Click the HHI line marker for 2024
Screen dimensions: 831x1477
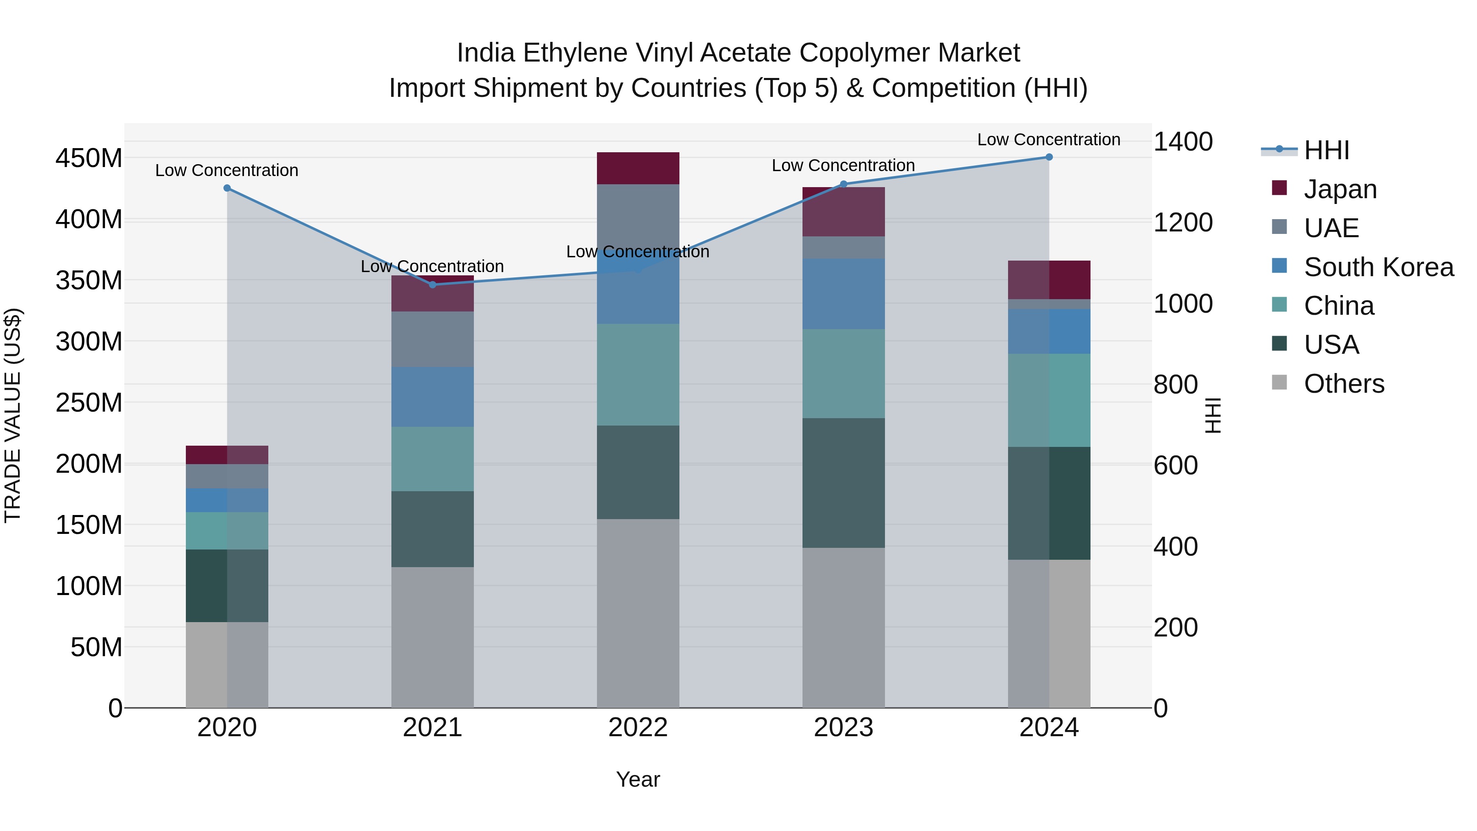(1049, 157)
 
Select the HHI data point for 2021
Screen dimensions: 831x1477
(432, 284)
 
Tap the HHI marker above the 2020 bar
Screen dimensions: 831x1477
(227, 188)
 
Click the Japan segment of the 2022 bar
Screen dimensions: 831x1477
(638, 168)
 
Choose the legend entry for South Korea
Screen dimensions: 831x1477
(1379, 267)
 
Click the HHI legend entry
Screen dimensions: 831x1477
(1326, 151)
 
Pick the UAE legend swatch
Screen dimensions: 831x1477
(1279, 227)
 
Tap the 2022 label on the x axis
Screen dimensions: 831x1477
(638, 728)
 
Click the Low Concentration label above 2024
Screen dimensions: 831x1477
(1048, 140)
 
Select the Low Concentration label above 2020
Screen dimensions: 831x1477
(226, 170)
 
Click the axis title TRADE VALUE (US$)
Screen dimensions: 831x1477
(13, 415)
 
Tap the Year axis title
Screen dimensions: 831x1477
(638, 779)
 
